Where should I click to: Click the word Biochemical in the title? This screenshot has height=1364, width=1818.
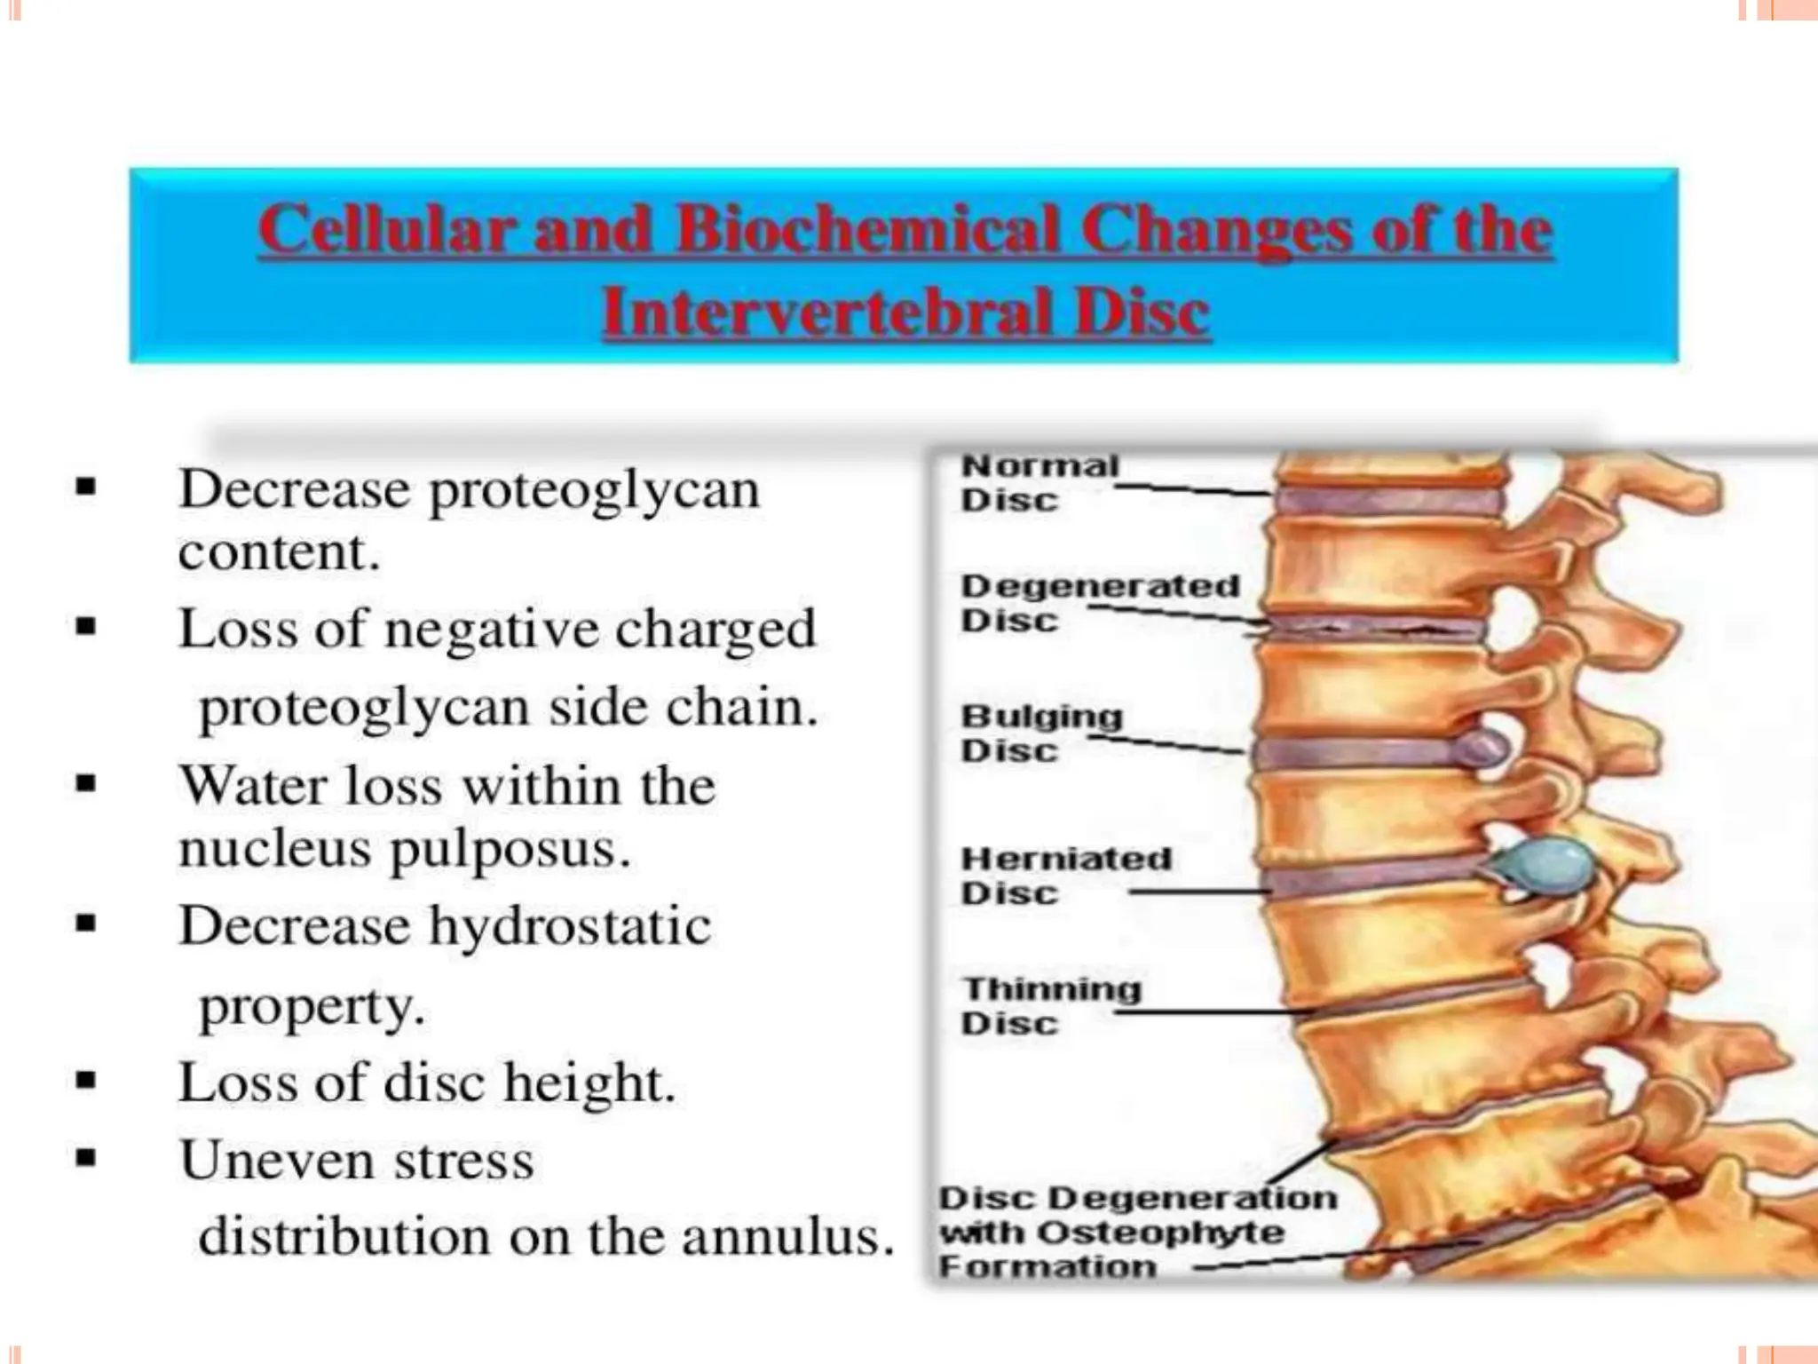pos(867,229)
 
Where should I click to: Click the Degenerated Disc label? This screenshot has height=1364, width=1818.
pos(1099,602)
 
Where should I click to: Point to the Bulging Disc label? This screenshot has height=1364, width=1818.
pos(1040,733)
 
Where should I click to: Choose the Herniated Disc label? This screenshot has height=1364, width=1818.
pos(1065,875)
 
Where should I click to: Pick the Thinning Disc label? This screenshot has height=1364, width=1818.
pos(1051,1005)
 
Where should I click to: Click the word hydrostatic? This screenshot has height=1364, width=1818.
pos(570,926)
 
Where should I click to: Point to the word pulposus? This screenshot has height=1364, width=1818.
pos(510,849)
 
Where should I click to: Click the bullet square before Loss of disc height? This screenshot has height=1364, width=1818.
pos(86,1081)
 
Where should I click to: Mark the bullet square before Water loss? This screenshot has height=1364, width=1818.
pos(86,783)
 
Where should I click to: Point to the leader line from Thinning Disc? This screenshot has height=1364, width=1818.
pos(1216,1011)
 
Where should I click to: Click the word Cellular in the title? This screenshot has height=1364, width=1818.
pos(387,229)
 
